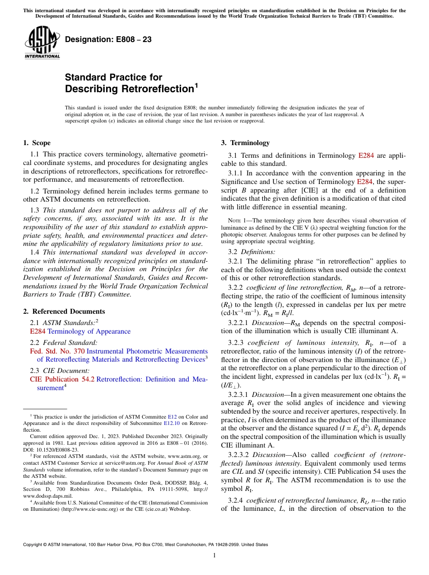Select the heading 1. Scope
[x=37, y=143]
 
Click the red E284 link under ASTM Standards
[x=38, y=331]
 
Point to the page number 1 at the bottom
[x=214, y=556]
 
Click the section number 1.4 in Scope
[x=35, y=252]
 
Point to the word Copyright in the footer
[x=33, y=545]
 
